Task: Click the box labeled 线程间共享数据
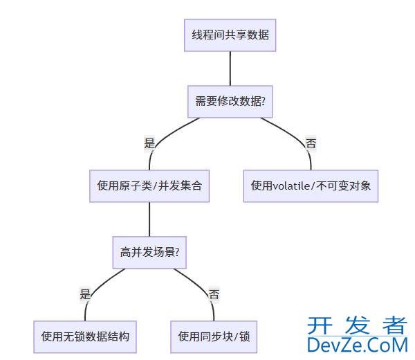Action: click(x=230, y=34)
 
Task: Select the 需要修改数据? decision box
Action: click(x=230, y=101)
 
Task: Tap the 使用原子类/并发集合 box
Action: click(x=149, y=186)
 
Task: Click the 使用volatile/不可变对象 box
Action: click(x=311, y=186)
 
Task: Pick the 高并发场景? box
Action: click(x=149, y=253)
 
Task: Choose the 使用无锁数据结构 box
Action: click(x=85, y=337)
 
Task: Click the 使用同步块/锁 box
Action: click(x=214, y=337)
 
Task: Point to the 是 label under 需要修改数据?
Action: click(x=149, y=143)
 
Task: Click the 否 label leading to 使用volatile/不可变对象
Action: click(x=311, y=143)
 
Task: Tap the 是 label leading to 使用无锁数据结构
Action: click(x=85, y=294)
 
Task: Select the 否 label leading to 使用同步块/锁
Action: click(x=214, y=294)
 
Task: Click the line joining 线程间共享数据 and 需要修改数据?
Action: click(x=230, y=68)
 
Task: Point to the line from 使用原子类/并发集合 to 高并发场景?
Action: click(x=149, y=219)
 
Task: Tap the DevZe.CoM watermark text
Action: click(x=358, y=344)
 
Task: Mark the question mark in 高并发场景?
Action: click(x=177, y=253)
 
